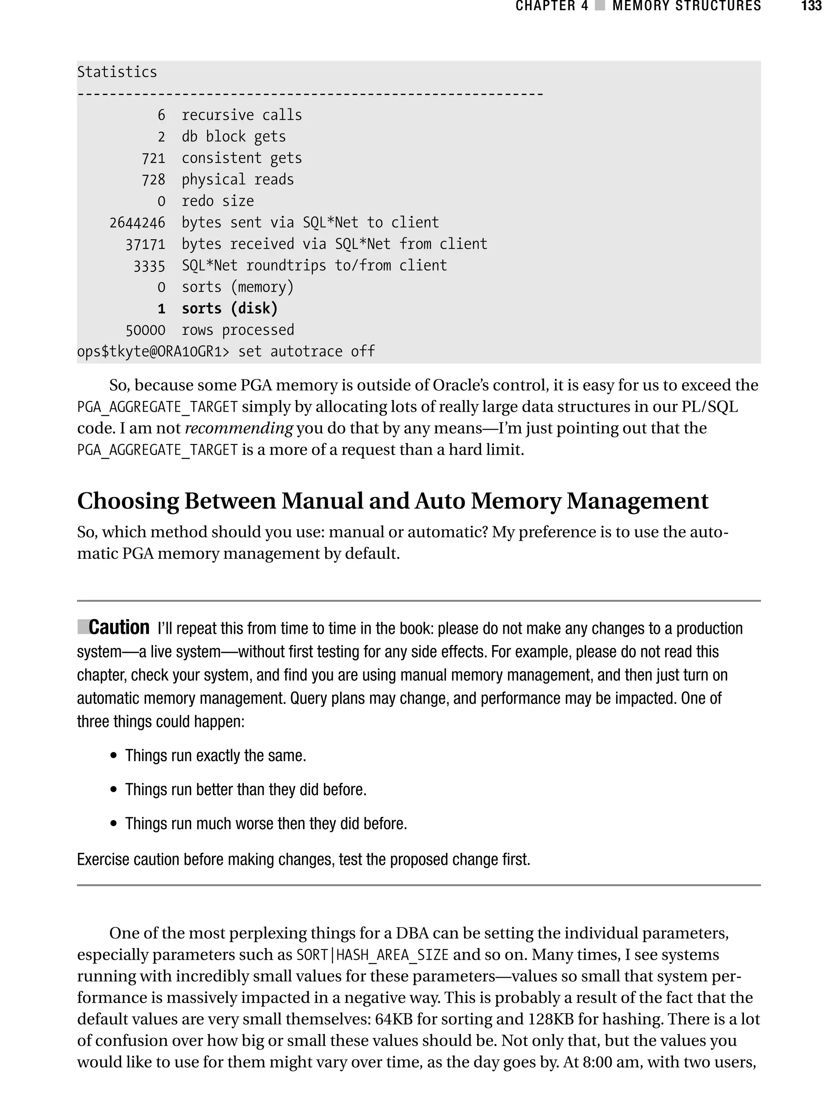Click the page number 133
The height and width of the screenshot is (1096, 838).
tap(811, 6)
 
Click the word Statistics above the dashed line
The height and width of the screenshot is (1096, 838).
tap(117, 72)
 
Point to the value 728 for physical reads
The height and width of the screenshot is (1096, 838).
tap(153, 180)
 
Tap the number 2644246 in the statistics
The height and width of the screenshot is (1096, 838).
tap(137, 223)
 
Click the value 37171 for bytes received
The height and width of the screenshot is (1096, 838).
tap(145, 244)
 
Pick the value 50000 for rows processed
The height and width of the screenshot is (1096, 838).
tap(145, 330)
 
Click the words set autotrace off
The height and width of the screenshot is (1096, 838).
tap(306, 352)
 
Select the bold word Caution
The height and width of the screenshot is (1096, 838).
tap(119, 627)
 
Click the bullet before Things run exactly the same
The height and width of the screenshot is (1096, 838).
tap(114, 756)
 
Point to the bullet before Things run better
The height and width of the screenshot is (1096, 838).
tap(114, 790)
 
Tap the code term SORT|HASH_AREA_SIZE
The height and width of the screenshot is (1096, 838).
tap(372, 955)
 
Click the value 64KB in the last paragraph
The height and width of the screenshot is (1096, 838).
tap(394, 1019)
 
